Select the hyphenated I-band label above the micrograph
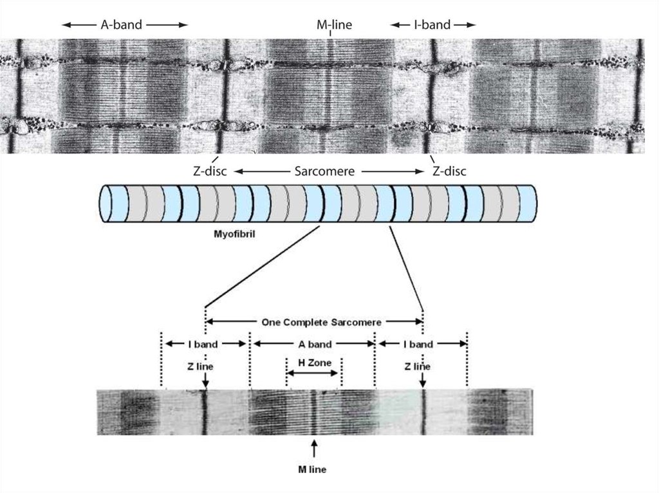[x=432, y=25]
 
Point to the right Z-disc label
[x=449, y=172]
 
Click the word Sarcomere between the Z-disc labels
[x=326, y=172]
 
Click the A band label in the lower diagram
[x=314, y=344]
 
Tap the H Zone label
[x=314, y=363]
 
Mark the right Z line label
[x=417, y=366]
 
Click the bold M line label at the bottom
[x=313, y=470]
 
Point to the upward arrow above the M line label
[x=314, y=447]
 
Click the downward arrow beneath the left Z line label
[x=205, y=382]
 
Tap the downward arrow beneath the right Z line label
[x=423, y=382]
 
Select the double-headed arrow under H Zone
[x=313, y=373]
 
